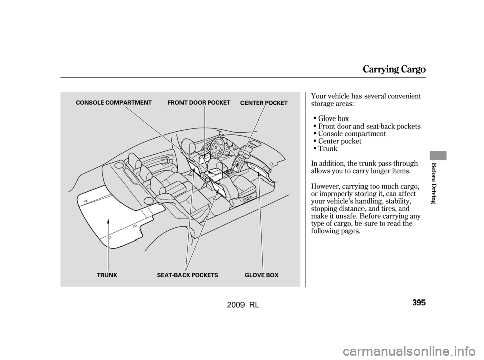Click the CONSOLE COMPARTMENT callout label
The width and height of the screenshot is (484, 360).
coord(113,103)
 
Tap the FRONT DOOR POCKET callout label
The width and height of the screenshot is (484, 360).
coord(199,103)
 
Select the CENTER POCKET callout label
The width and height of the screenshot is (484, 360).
coord(264,103)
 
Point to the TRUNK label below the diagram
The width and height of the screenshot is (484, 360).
coord(107,275)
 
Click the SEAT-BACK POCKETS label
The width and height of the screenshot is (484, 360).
coord(188,275)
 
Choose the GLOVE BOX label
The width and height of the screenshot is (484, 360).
coord(262,275)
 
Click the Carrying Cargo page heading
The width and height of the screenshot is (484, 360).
coord(394,69)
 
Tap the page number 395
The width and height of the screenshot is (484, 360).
coord(419,302)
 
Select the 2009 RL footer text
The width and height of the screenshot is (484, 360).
coord(243,305)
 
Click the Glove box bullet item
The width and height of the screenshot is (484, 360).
coord(333,118)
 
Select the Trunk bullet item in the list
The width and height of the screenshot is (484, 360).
coord(328,149)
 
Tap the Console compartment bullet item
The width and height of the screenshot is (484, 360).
coord(352,134)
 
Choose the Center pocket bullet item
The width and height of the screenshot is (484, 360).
coord(340,141)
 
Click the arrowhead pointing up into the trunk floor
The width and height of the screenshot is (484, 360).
coord(108,221)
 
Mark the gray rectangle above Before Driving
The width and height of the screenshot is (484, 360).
coord(438,156)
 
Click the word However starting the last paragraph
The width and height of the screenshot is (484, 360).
coord(325,186)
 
